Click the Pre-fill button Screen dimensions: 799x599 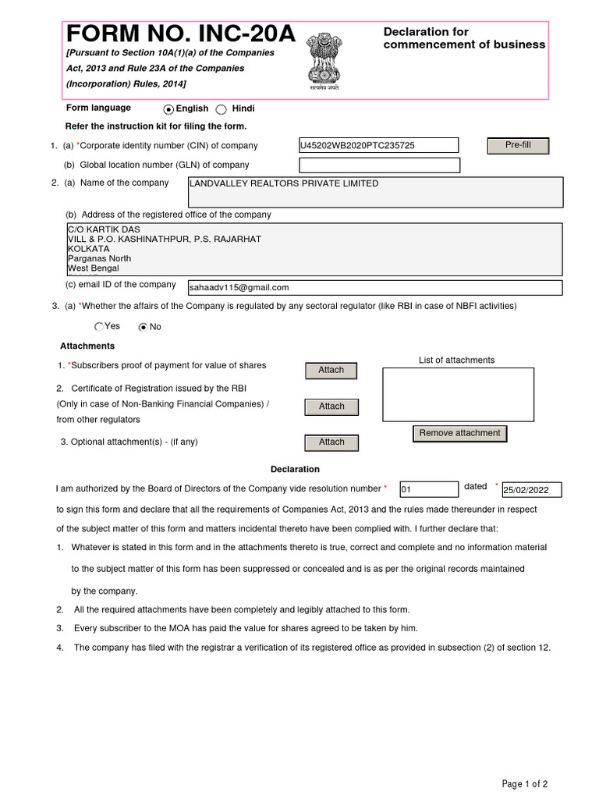(x=518, y=146)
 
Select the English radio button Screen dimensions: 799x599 (x=168, y=110)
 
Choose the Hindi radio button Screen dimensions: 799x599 (x=222, y=110)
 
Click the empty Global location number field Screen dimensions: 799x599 (x=379, y=165)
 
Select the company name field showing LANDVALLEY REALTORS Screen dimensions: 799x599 (x=375, y=192)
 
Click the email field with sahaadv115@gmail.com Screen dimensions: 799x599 (x=369, y=288)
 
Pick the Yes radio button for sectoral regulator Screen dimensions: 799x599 (x=99, y=327)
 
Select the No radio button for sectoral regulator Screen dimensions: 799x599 (x=143, y=327)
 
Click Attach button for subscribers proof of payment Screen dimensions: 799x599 (x=331, y=371)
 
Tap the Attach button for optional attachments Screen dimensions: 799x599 (x=331, y=442)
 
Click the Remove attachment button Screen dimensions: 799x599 (x=459, y=434)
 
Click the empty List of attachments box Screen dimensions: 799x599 (x=458, y=394)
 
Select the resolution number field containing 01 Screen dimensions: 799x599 (x=428, y=489)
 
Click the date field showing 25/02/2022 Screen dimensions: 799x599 (x=531, y=490)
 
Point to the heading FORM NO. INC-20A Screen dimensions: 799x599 (x=181, y=34)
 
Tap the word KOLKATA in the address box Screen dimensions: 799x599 (x=89, y=249)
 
